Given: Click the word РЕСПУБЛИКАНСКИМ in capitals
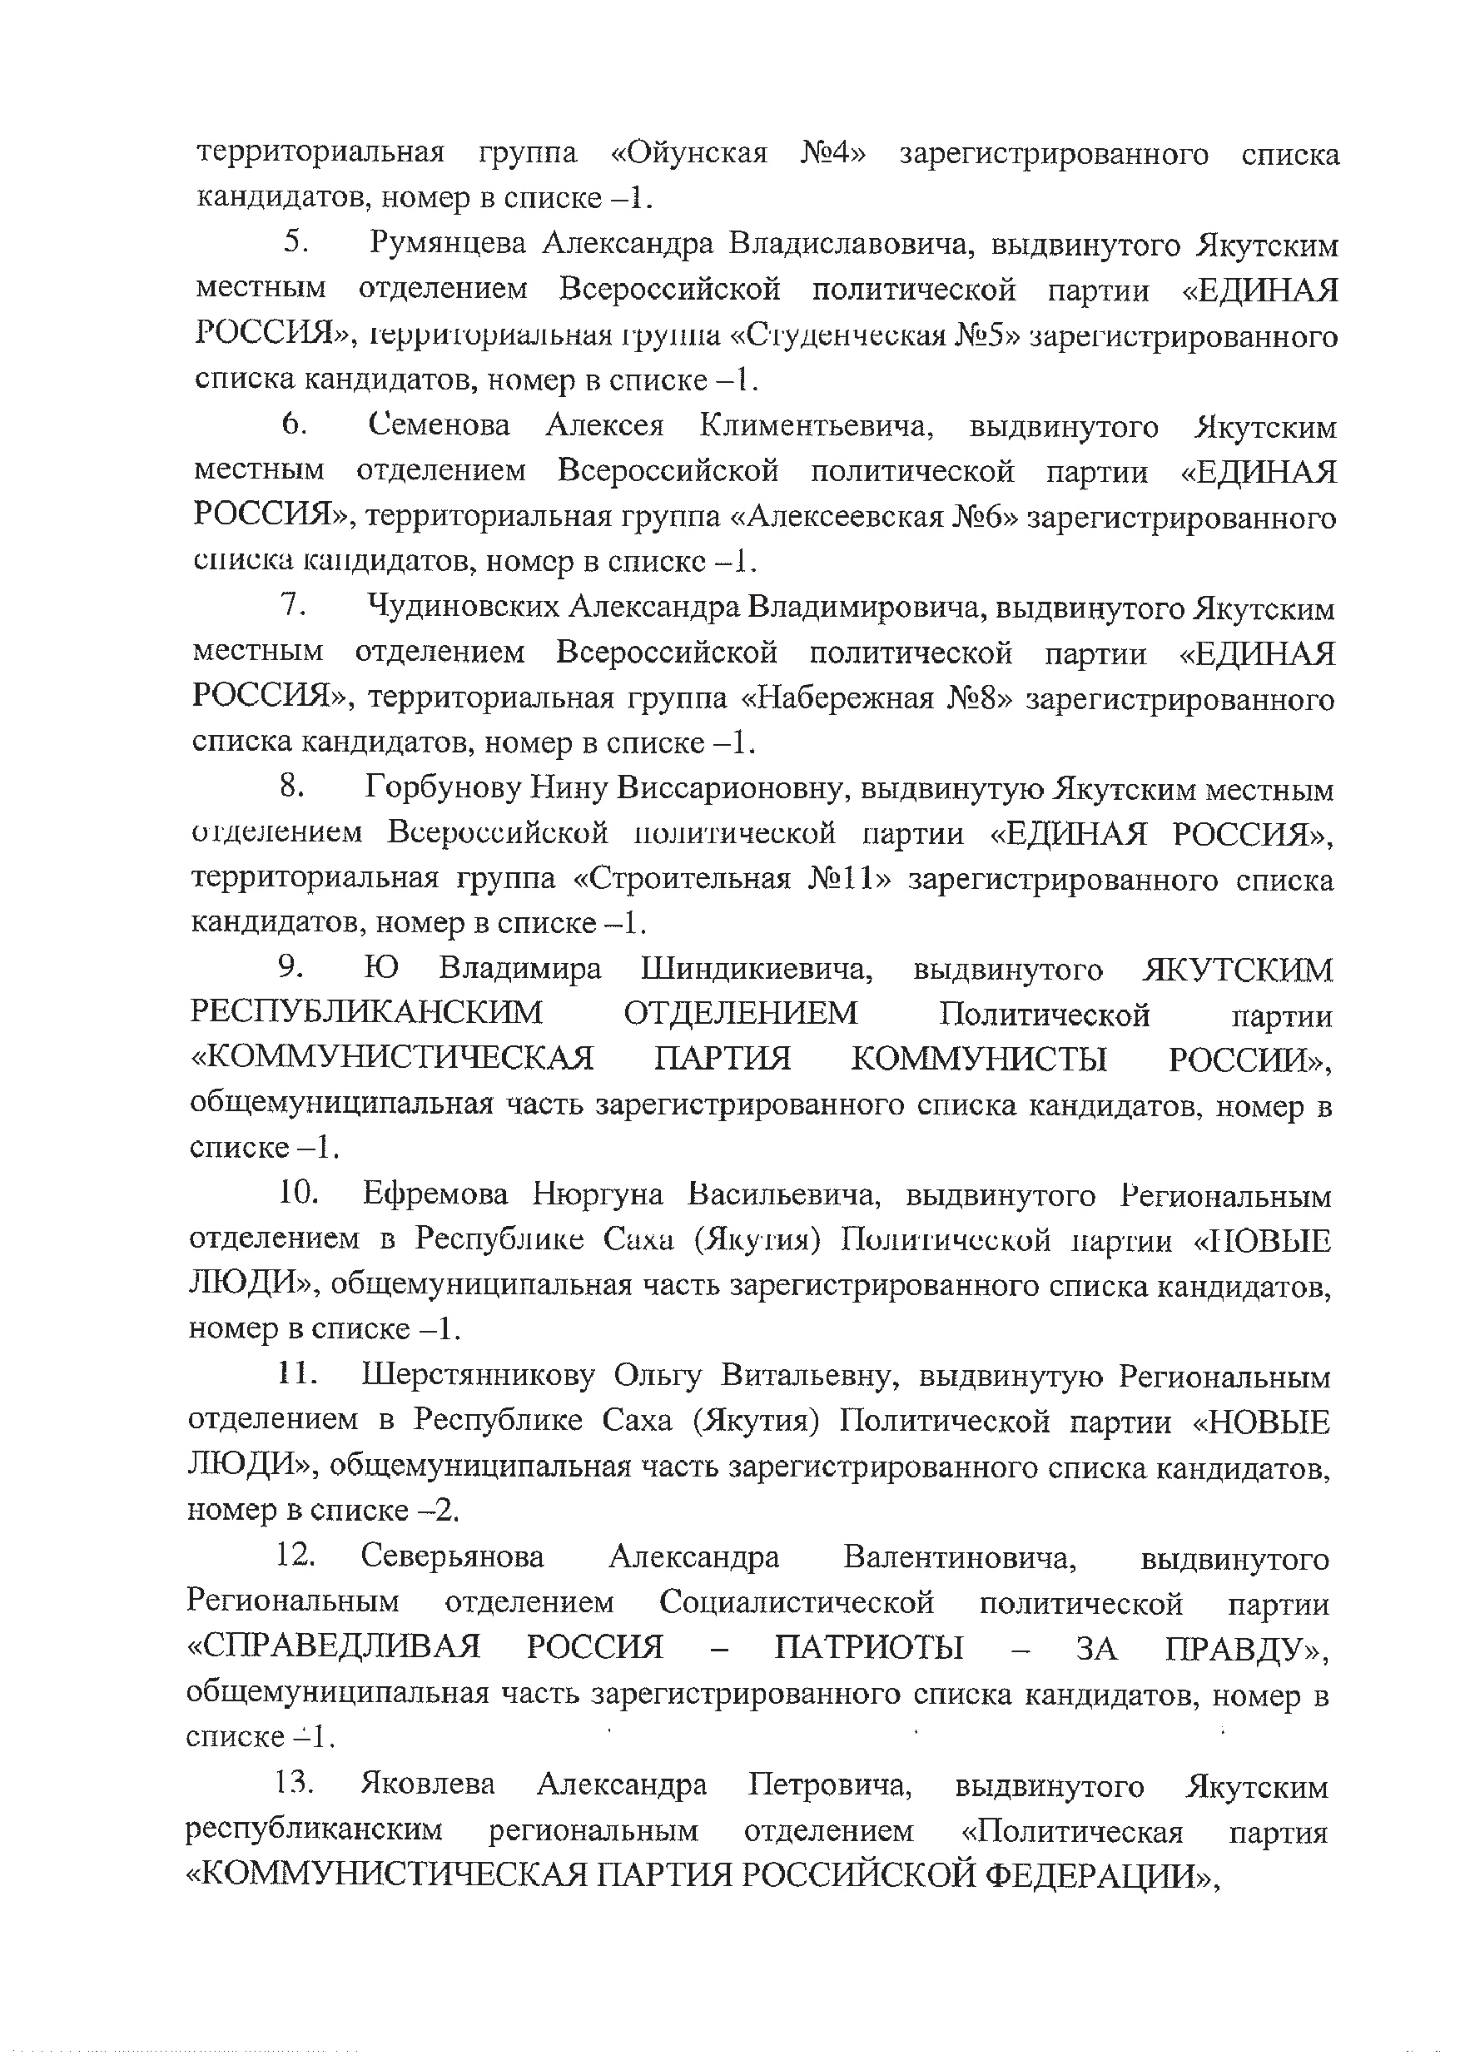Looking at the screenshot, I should click(x=367, y=1013).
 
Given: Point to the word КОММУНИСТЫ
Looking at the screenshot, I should click(x=979, y=1060).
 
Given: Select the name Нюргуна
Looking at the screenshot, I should click(x=598, y=1194).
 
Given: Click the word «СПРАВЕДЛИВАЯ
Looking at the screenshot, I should click(x=334, y=1648).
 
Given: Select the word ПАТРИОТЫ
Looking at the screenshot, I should click(x=868, y=1648).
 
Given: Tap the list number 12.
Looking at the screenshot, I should click(x=294, y=1556).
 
